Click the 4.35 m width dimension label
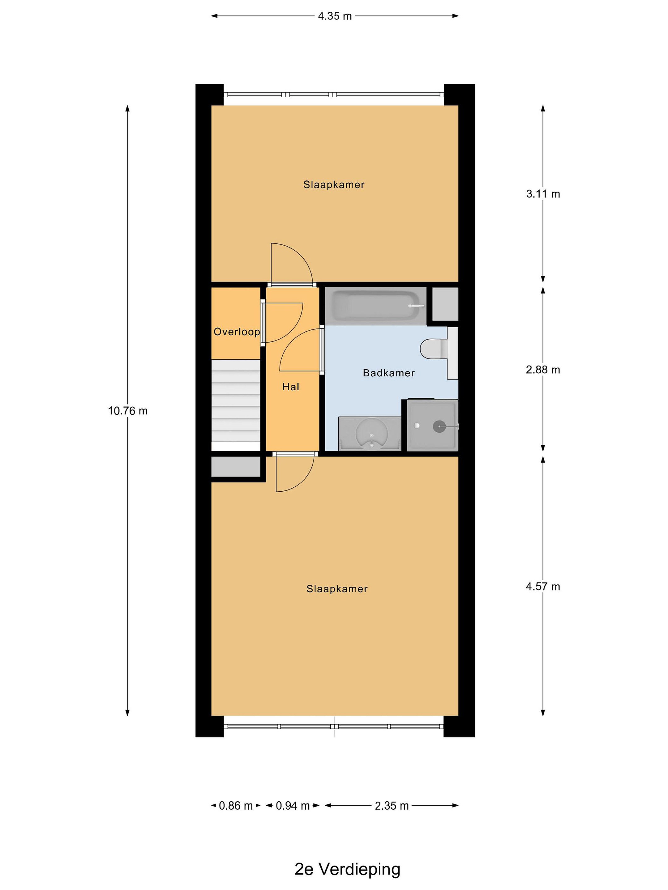click(335, 16)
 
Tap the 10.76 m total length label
click(128, 411)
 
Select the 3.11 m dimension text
click(543, 194)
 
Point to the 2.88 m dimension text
click(543, 370)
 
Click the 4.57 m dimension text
click(543, 587)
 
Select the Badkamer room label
click(388, 373)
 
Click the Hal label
click(291, 387)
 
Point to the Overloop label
click(237, 332)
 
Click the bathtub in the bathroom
click(375, 306)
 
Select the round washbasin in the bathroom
click(372, 434)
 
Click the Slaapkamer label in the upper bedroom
click(334, 185)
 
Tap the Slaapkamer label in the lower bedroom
click(337, 589)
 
